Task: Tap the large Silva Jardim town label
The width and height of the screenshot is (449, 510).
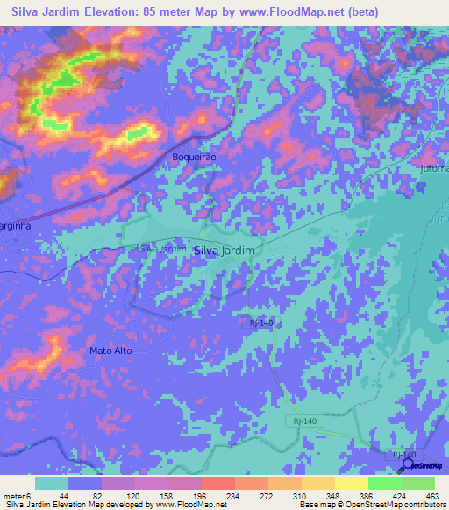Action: click(224, 250)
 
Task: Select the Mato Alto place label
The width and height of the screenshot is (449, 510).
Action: click(110, 351)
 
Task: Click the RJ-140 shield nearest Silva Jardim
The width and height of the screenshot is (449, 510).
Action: click(261, 323)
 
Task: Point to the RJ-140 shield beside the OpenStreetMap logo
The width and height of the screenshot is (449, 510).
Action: click(403, 455)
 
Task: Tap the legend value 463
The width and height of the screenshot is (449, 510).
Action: click(431, 495)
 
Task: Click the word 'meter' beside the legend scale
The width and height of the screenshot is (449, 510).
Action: click(13, 495)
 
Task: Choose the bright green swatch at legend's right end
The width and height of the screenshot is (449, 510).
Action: click(418, 483)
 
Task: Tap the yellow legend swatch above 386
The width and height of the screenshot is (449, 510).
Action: click(351, 483)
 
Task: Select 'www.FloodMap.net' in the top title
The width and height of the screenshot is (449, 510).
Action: click(318, 12)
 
